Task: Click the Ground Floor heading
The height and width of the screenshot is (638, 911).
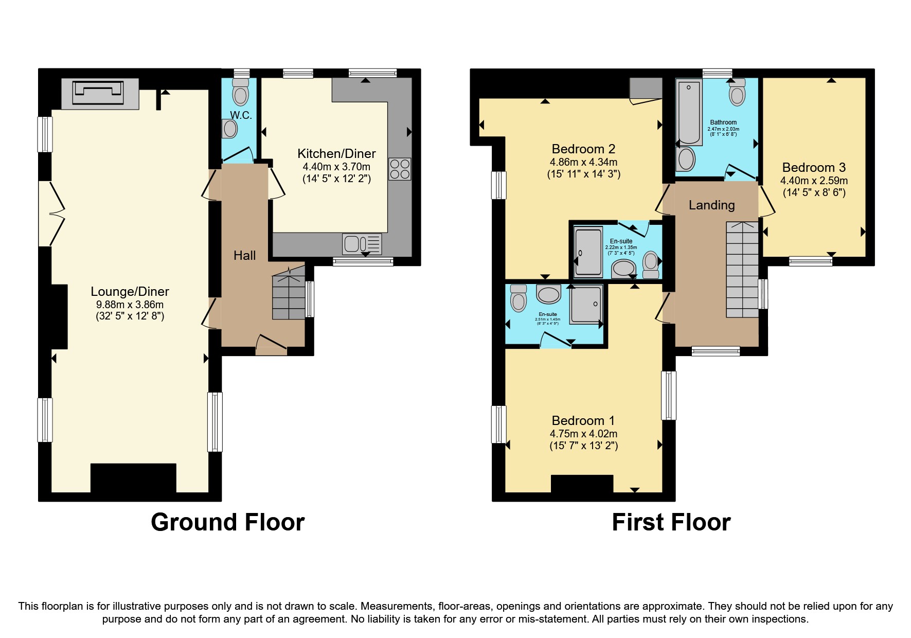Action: click(x=227, y=522)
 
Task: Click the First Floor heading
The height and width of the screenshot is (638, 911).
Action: click(x=671, y=522)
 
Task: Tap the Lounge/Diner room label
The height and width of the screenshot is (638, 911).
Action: click(x=130, y=291)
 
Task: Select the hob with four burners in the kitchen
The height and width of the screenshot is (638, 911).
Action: click(x=400, y=169)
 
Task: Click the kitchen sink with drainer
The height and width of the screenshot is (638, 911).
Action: click(x=362, y=243)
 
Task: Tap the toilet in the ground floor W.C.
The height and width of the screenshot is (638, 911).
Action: click(x=240, y=93)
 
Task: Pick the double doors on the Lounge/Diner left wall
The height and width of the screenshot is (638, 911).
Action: click(x=52, y=213)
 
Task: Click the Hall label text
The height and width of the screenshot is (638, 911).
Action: click(x=244, y=255)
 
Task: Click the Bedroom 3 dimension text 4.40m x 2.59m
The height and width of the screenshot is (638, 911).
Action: click(x=814, y=181)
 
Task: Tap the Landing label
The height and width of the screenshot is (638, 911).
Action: click(x=711, y=205)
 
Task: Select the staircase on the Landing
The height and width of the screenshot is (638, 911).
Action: click(x=742, y=269)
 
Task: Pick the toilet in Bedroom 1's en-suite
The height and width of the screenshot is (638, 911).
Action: click(x=519, y=299)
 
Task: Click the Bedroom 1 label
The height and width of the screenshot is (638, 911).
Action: click(x=583, y=420)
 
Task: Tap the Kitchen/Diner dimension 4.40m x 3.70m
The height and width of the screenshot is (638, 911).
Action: click(x=336, y=167)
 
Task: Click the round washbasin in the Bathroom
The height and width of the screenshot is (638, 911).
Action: click(x=687, y=159)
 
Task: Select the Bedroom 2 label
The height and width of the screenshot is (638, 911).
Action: click(x=583, y=149)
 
